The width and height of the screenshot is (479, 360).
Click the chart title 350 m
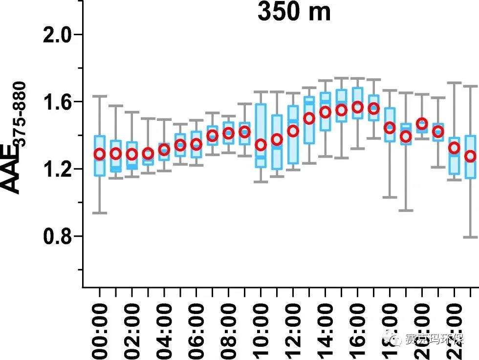point(294,12)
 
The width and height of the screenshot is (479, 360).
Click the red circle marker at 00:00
point(100,154)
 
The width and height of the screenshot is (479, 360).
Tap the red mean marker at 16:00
point(358,107)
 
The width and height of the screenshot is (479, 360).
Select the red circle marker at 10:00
point(261,145)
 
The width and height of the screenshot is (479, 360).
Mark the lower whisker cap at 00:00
point(100,213)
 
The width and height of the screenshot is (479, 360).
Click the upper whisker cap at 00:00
point(100,96)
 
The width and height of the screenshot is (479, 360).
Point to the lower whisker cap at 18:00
point(390,197)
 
